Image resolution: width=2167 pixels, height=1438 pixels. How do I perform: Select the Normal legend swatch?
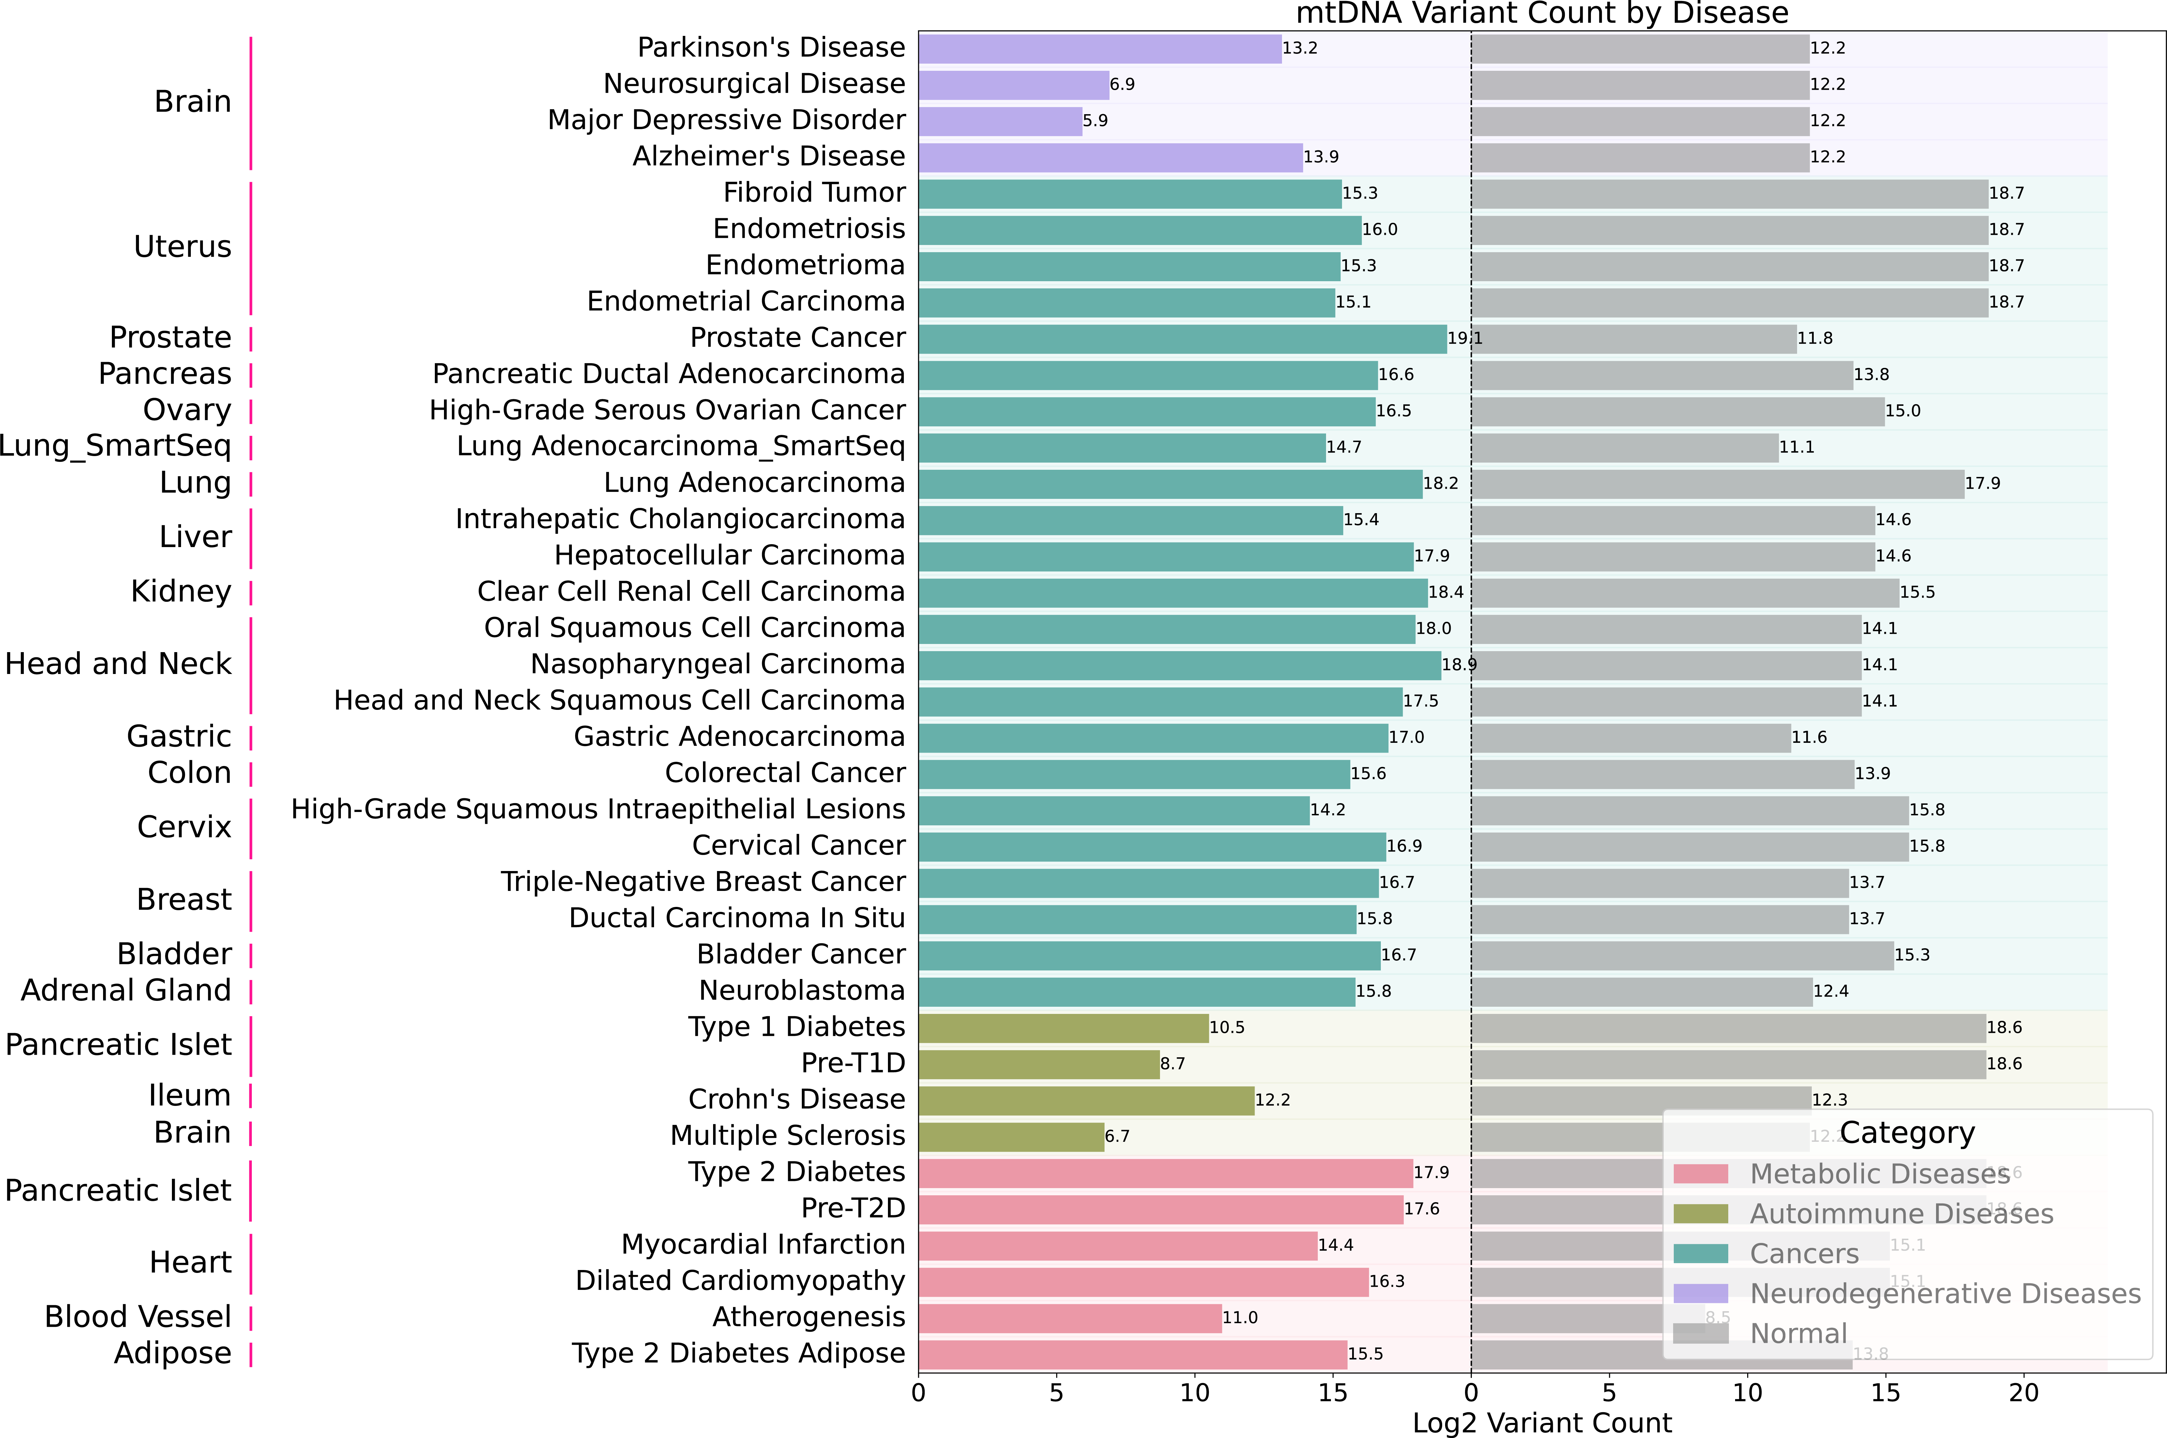[x=1700, y=1334]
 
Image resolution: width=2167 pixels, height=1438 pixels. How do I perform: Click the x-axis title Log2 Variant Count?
[x=1542, y=1422]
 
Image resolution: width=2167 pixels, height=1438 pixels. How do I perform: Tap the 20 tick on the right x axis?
[x=2024, y=1393]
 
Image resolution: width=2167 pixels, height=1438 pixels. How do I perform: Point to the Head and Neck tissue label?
[x=118, y=664]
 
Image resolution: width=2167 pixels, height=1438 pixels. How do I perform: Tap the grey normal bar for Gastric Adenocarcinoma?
[x=1630, y=737]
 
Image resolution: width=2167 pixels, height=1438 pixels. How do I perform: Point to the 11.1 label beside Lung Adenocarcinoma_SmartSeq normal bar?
[x=1796, y=448]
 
